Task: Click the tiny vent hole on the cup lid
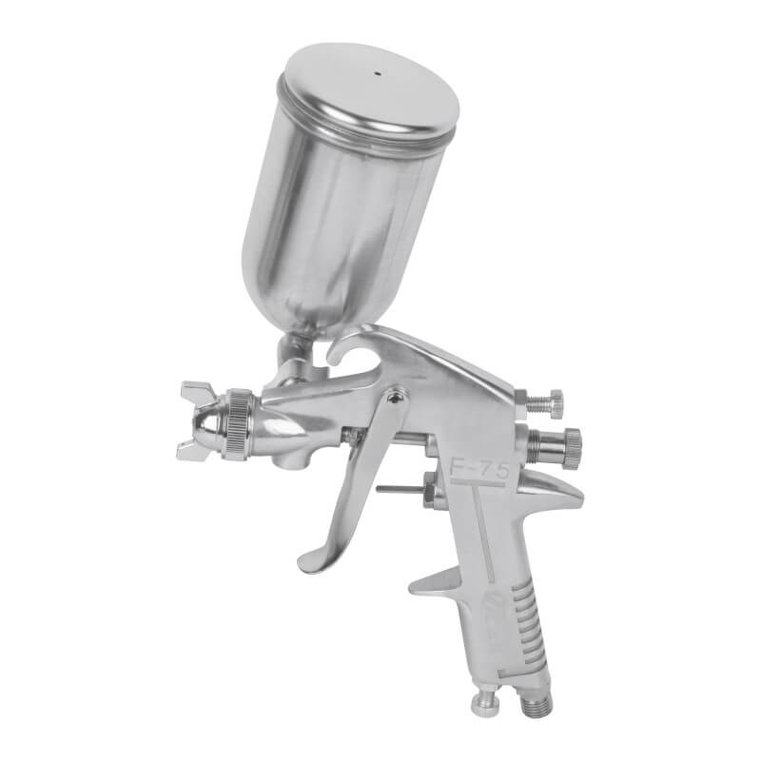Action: [376, 74]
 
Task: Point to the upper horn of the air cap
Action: [198, 390]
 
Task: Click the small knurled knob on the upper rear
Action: [554, 400]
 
